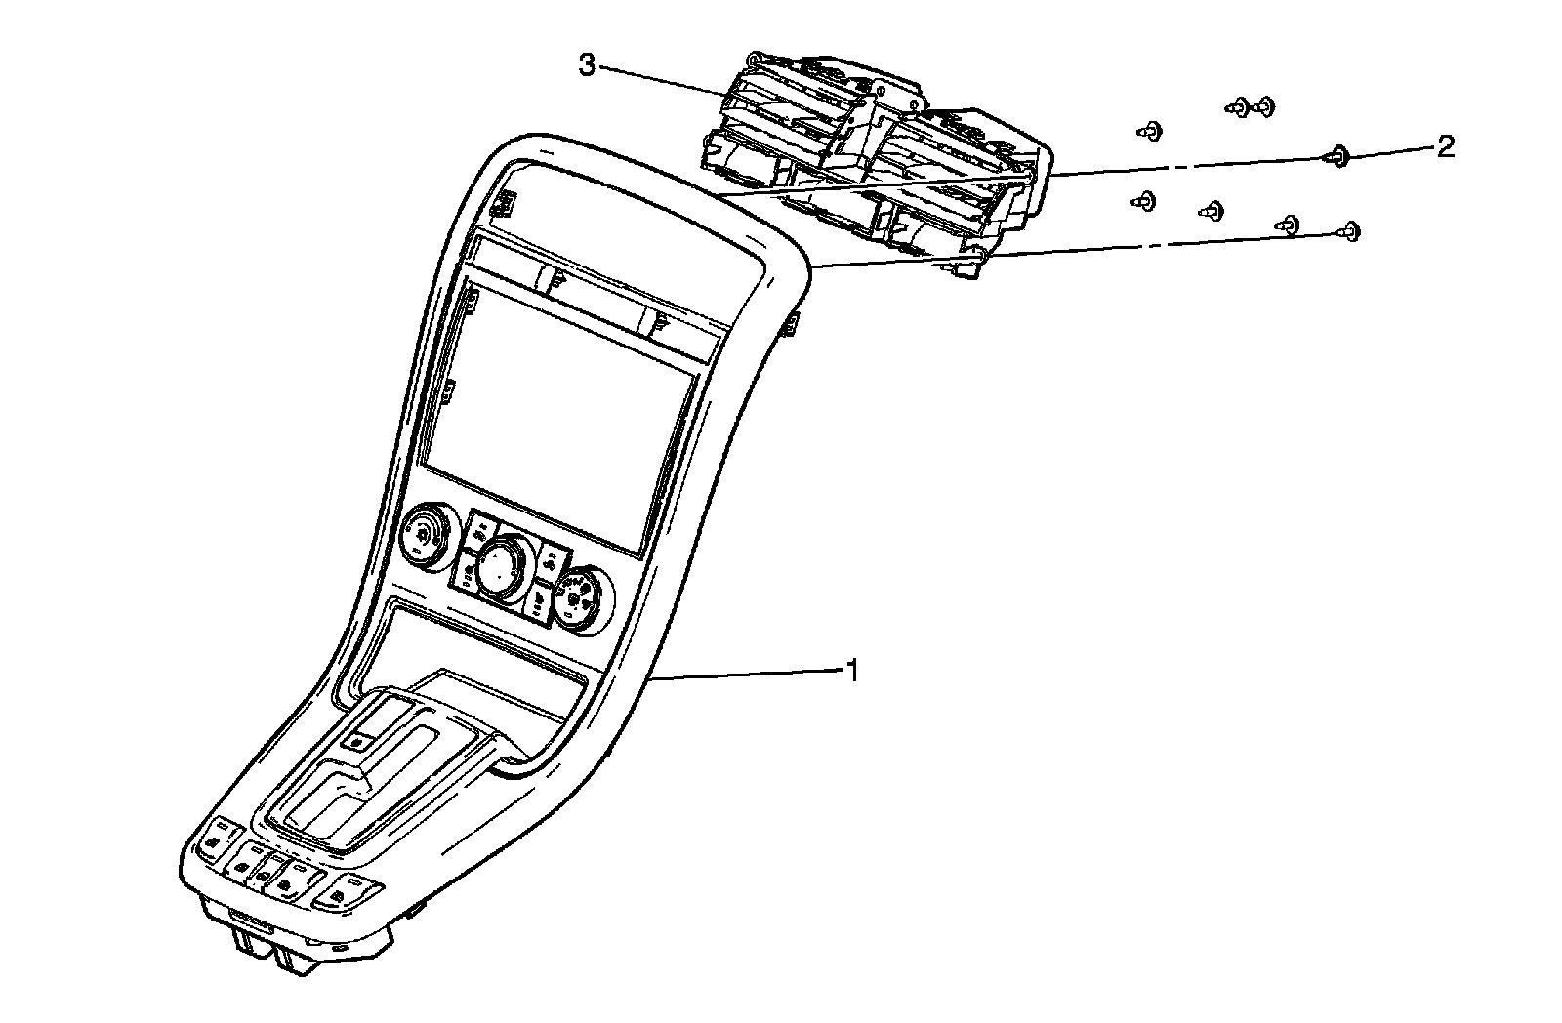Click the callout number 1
pos(853,672)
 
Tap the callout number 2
pos(1444,147)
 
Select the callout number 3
pos(586,65)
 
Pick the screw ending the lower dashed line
pos(1351,230)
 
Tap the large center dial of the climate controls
pos(501,565)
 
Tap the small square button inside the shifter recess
pos(358,741)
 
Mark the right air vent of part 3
pos(962,146)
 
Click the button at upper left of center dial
pos(480,532)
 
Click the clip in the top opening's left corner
pos(505,203)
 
